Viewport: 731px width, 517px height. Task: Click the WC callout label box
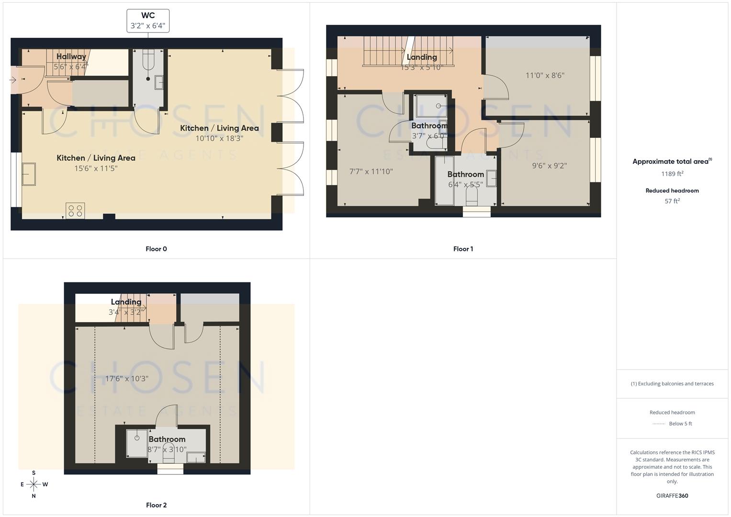(x=148, y=21)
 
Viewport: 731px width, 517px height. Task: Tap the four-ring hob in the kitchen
(x=75, y=211)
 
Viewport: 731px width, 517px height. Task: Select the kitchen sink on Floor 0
(x=28, y=174)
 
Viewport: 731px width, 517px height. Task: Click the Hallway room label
(x=71, y=56)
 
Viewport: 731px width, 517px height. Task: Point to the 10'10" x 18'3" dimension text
(x=219, y=138)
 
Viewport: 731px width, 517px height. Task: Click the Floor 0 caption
(x=156, y=249)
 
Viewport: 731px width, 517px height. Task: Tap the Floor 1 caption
(x=463, y=249)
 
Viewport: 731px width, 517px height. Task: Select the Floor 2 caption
(x=156, y=505)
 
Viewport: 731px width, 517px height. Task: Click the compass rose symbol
(x=34, y=484)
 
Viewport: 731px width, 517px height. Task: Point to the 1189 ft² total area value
(x=672, y=174)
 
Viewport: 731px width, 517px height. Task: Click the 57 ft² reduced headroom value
(x=672, y=201)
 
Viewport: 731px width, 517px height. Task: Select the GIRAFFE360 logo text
(x=672, y=495)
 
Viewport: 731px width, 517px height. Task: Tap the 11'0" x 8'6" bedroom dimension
(x=545, y=75)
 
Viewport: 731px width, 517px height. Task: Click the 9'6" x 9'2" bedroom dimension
(x=549, y=166)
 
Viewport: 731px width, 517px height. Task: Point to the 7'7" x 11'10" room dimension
(x=371, y=171)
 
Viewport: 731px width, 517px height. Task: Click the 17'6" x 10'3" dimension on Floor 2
(x=127, y=379)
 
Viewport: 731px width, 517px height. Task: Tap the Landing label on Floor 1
(x=422, y=57)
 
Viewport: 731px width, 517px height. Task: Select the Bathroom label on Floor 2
(x=167, y=439)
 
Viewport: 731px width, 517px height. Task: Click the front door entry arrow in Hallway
(x=12, y=80)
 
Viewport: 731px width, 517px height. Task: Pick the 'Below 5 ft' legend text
(x=680, y=424)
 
